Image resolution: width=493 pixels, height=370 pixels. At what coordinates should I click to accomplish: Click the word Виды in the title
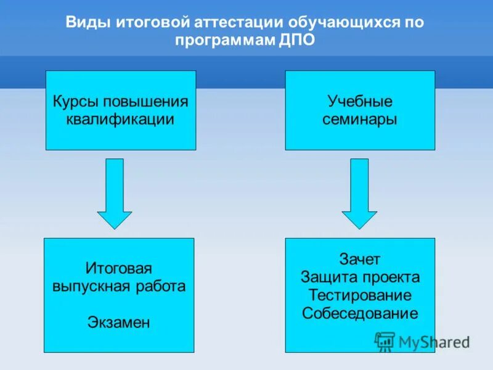(87, 22)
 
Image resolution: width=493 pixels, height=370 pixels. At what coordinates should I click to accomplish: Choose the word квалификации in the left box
(121, 119)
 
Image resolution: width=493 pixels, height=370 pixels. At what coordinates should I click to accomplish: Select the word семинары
(360, 119)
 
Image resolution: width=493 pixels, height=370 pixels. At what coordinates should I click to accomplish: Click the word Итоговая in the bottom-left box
(119, 269)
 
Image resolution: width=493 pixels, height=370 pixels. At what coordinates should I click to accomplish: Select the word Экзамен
(119, 323)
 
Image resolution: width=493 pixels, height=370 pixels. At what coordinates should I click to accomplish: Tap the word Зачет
(360, 259)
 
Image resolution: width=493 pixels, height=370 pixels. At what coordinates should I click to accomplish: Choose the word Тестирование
(360, 295)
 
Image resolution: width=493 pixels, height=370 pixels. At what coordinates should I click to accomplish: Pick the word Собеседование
(360, 313)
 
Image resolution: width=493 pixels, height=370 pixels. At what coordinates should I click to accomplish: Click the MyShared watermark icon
(385, 341)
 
